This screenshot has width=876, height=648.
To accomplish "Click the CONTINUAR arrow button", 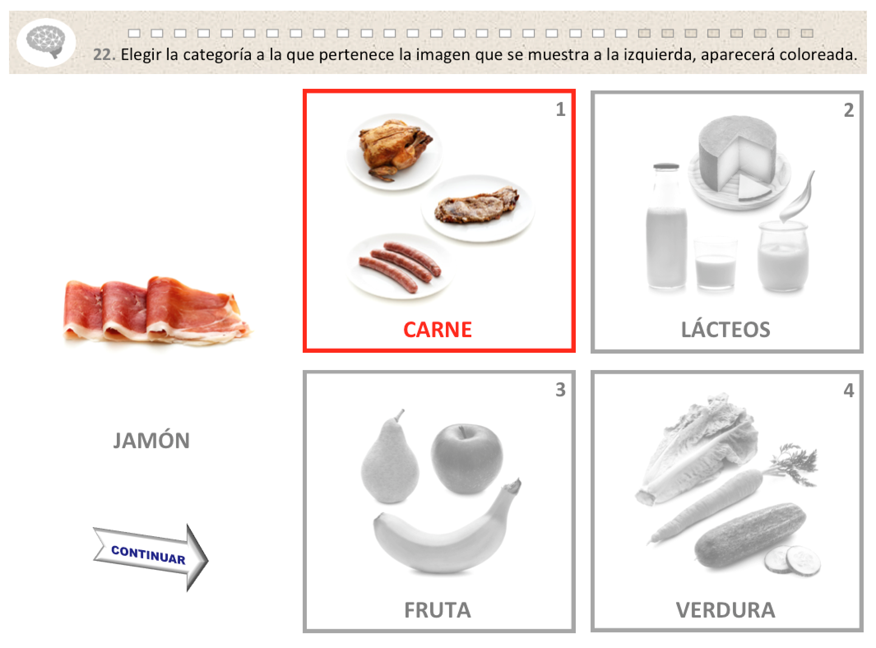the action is [151, 558].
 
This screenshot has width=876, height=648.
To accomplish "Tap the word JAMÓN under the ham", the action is [151, 440].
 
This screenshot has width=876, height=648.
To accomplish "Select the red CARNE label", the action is [437, 330].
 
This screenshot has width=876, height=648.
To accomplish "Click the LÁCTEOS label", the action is [725, 329].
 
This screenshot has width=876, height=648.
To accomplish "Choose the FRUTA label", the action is [437, 610].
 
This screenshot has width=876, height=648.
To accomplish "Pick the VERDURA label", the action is [725, 610].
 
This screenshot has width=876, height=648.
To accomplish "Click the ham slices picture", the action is [156, 310].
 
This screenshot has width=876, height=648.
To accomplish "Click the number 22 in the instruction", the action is [104, 55].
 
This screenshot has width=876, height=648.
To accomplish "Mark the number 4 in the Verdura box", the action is [848, 390].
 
